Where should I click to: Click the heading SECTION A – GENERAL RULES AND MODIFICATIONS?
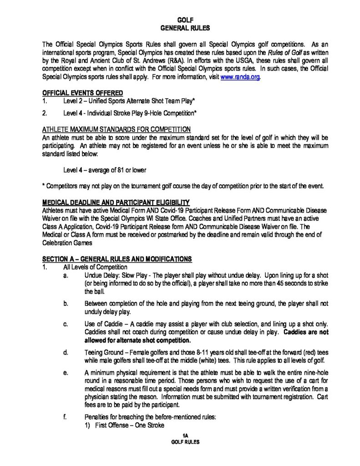[117, 259]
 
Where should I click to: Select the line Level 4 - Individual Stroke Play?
[130, 112]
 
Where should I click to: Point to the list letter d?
[66, 352]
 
